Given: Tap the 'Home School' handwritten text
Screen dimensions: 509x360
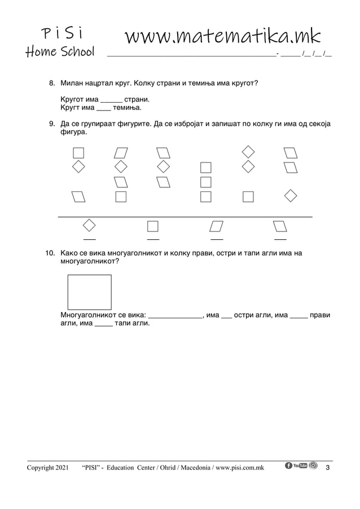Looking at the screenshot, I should [60, 52].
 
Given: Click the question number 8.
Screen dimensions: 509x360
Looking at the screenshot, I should [50, 84].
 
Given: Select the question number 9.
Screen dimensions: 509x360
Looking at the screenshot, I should [50, 124].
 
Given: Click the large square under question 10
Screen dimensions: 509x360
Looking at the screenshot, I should [89, 292].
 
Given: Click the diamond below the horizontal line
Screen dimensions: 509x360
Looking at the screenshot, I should [89, 225].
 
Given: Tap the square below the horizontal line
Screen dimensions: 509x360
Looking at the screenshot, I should [152, 226].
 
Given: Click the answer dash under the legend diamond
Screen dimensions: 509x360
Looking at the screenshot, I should [89, 240].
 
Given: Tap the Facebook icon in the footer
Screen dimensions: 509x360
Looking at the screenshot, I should [289, 466].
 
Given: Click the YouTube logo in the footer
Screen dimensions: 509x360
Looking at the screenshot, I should [300, 466].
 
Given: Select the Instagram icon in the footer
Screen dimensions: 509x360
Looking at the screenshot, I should [313, 466].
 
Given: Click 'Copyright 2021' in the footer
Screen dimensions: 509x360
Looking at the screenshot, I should [48, 468].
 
